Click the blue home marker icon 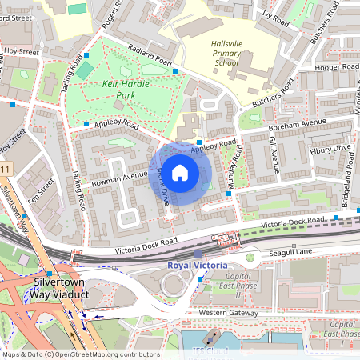pyautogui.click(x=180, y=173)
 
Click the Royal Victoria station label pyautogui.click(x=197, y=265)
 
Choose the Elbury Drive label pyautogui.click(x=330, y=149)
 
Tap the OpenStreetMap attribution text pyautogui.click(x=81, y=354)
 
